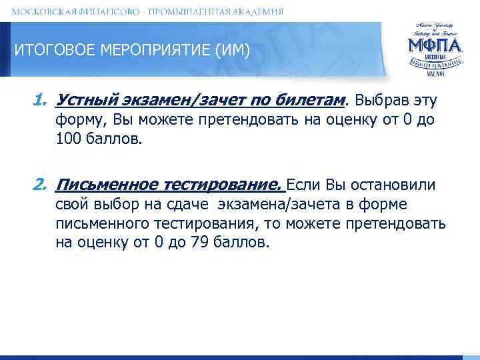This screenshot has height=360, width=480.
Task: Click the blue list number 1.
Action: (x=39, y=100)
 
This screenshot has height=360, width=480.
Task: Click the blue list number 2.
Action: (x=39, y=185)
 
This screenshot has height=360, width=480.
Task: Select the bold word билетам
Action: (x=313, y=101)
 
